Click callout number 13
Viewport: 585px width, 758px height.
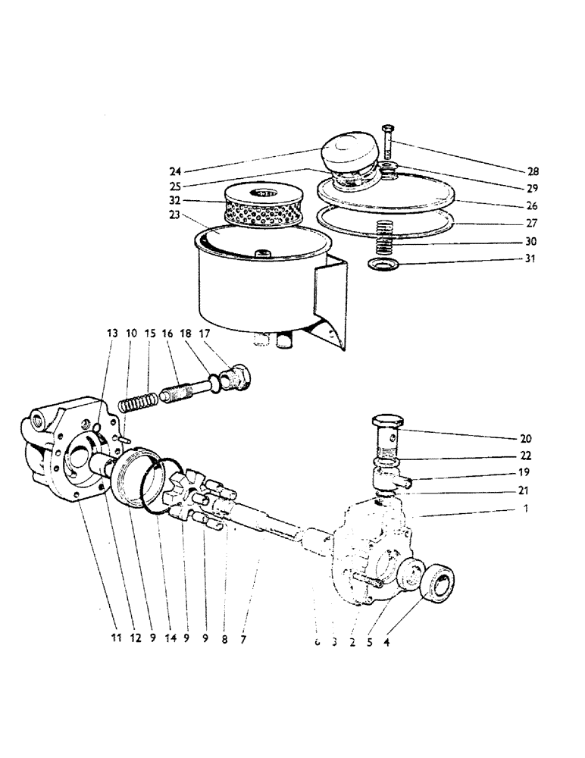click(x=113, y=334)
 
